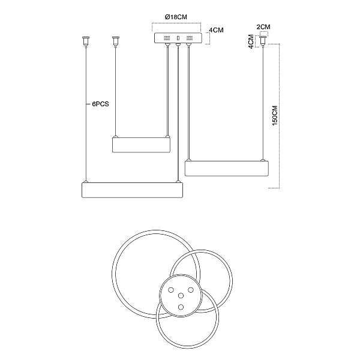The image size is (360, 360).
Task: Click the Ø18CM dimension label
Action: point(176,17)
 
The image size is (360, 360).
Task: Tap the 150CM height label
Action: point(275,115)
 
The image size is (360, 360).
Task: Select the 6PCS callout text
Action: point(100,104)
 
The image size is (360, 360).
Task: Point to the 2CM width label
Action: point(263,27)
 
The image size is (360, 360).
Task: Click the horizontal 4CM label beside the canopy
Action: point(216,30)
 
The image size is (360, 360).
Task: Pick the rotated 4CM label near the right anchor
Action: point(251,41)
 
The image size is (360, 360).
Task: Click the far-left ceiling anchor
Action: point(86,41)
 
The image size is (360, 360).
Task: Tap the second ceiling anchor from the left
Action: point(115,41)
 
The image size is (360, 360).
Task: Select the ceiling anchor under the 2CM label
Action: point(263,41)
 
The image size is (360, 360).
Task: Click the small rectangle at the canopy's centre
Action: point(178,38)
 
